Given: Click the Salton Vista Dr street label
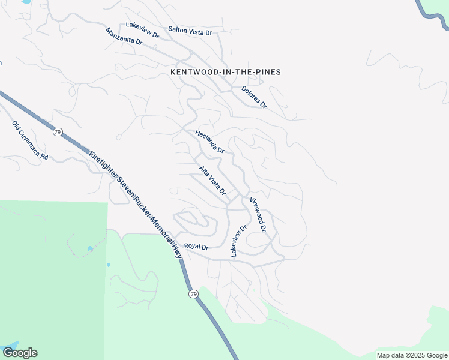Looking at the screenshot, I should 190,30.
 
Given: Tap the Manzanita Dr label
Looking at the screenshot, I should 124,37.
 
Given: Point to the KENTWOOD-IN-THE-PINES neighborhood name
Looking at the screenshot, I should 226,72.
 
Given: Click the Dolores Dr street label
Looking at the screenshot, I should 254,97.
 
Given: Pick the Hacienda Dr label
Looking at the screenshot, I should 209,142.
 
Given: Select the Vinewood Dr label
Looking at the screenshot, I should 258,215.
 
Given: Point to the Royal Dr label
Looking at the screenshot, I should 196,247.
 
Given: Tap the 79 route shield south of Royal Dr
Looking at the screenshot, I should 193,293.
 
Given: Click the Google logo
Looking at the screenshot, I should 20,353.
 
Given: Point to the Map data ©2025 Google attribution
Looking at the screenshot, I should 412,355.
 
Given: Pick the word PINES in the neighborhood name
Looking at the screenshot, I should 267,72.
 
